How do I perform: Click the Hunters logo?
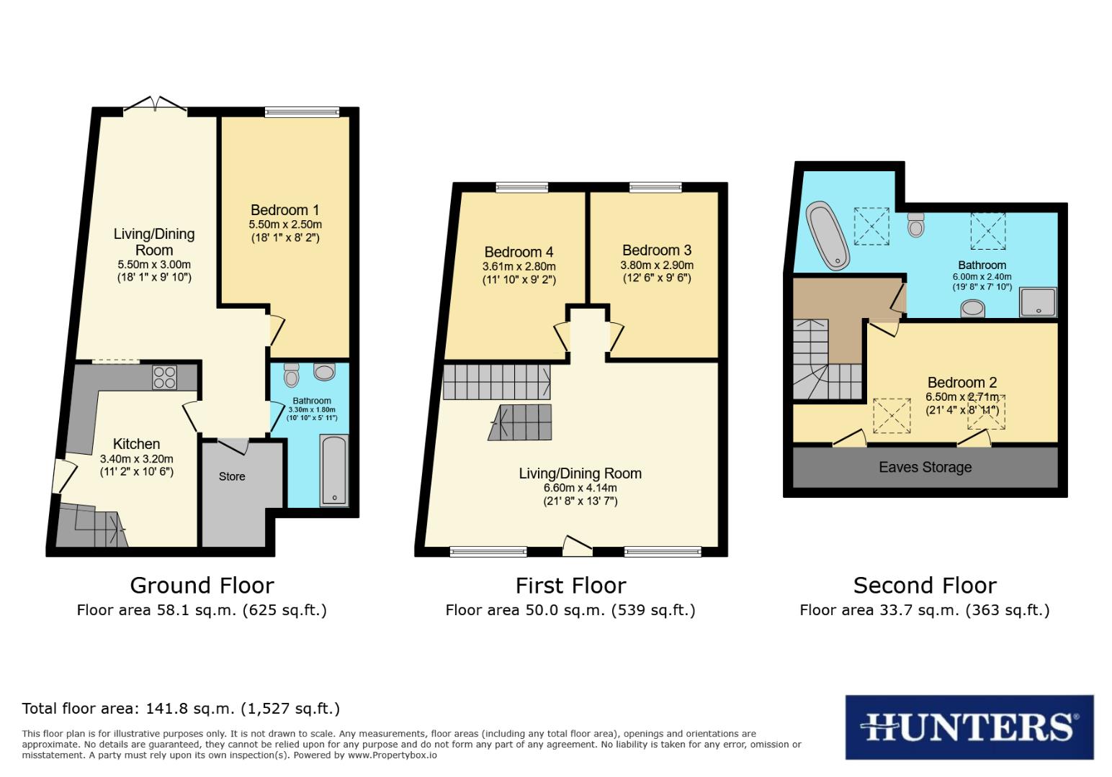(x=969, y=727)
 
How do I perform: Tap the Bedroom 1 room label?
(x=284, y=210)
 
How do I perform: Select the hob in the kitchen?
(x=164, y=378)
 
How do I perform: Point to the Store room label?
(x=232, y=476)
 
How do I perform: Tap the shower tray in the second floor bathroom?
(x=1037, y=302)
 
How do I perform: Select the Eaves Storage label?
(x=925, y=467)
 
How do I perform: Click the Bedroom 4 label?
(x=519, y=252)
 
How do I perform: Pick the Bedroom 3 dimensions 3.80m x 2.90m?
(x=656, y=265)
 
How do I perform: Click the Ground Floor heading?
(x=202, y=585)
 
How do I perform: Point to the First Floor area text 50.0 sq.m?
(x=570, y=610)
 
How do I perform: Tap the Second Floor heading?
(x=925, y=585)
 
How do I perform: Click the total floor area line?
(x=181, y=708)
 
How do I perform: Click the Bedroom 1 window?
(x=301, y=112)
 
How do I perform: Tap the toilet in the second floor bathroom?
(x=916, y=224)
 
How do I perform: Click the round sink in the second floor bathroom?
(x=973, y=309)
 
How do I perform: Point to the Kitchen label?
(x=136, y=444)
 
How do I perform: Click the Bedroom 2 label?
(x=961, y=382)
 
